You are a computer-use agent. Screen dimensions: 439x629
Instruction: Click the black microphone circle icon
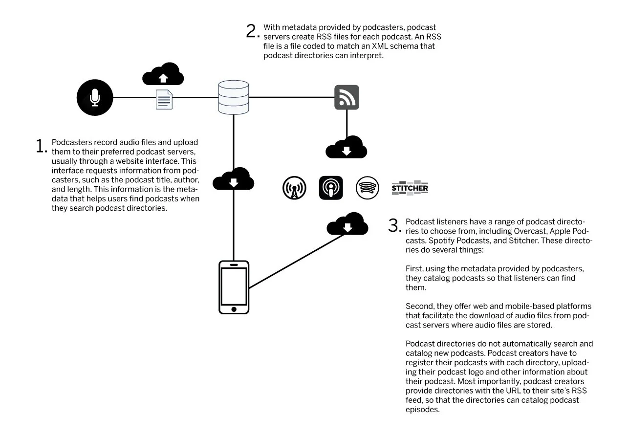95,97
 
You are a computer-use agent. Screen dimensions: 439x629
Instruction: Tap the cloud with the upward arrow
163,75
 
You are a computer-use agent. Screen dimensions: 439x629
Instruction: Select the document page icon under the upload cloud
164,100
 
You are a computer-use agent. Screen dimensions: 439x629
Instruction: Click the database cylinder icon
234,97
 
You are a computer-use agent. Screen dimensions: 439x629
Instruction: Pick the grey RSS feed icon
347,97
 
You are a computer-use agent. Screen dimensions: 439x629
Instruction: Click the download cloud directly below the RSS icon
347,147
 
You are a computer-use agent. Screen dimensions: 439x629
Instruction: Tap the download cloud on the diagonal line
347,224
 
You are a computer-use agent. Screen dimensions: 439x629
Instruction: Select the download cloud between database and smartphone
234,179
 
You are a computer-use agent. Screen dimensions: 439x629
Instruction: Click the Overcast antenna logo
294,188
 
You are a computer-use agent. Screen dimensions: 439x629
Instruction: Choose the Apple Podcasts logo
331,188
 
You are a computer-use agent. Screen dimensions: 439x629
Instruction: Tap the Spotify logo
368,188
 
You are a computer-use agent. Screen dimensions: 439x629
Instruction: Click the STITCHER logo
410,188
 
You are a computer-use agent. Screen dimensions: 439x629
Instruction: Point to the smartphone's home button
234,309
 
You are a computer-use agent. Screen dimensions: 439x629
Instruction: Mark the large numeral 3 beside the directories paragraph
394,226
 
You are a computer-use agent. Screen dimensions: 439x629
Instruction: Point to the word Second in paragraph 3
418,307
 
